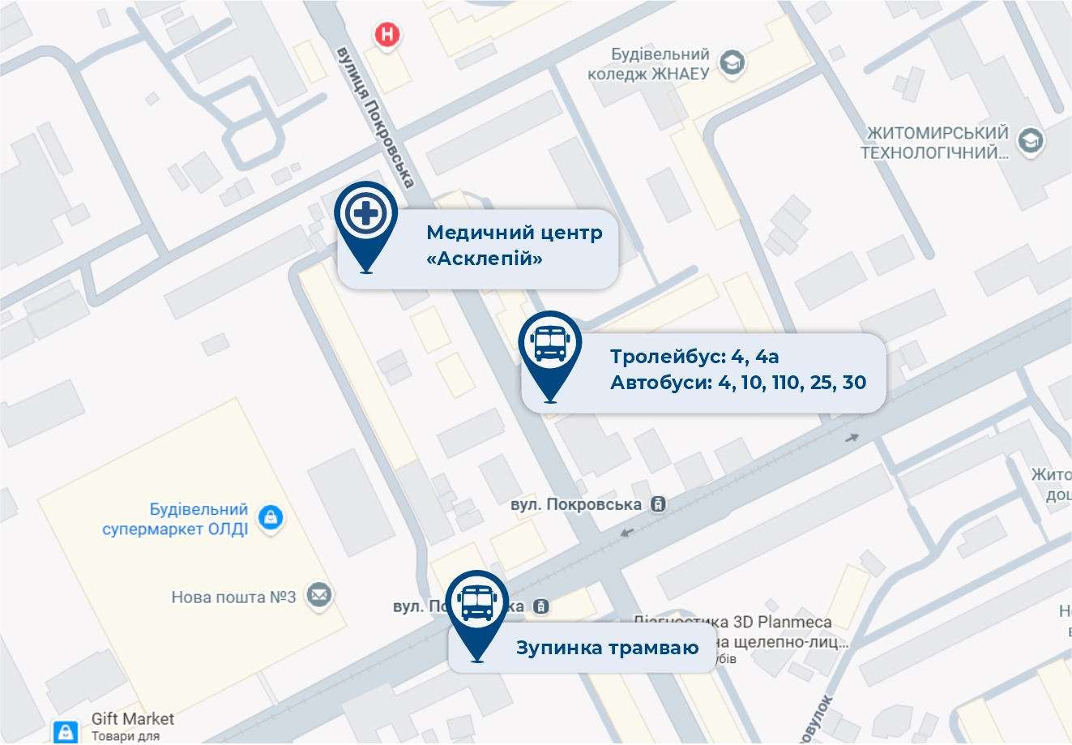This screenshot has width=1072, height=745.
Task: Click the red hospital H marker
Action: tap(388, 35)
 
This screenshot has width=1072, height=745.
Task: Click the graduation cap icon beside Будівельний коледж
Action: tap(732, 62)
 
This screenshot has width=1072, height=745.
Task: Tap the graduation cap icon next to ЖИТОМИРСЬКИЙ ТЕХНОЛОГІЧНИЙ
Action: tap(1031, 140)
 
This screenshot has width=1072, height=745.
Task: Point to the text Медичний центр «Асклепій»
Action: tap(514, 245)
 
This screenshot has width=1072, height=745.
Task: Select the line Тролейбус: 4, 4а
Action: tap(694, 357)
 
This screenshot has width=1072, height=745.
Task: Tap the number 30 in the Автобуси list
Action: tap(854, 383)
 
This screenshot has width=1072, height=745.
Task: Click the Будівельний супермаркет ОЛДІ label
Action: tap(176, 519)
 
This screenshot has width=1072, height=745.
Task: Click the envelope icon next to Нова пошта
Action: tap(319, 596)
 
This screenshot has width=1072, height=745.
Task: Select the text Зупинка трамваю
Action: tap(607, 648)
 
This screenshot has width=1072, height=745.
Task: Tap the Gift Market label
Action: tap(133, 718)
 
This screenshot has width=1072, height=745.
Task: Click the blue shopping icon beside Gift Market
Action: tap(66, 731)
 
